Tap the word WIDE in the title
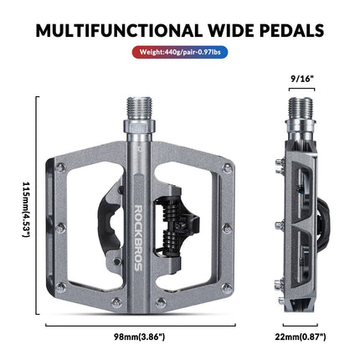pos(229,31)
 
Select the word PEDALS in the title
pos(291,31)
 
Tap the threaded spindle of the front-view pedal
pos(138,109)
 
